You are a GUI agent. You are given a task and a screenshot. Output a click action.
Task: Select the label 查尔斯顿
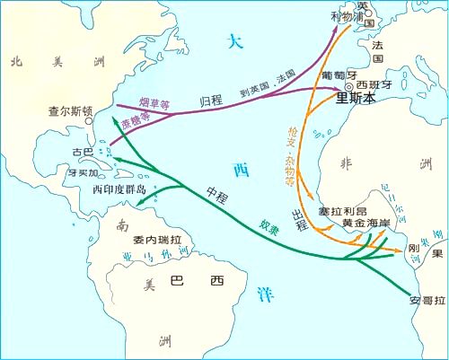pyautogui.click(x=69, y=113)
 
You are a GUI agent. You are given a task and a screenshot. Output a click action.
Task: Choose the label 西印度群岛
pyautogui.click(x=119, y=190)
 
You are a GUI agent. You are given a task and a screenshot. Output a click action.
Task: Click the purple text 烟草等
pyautogui.click(x=154, y=94)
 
